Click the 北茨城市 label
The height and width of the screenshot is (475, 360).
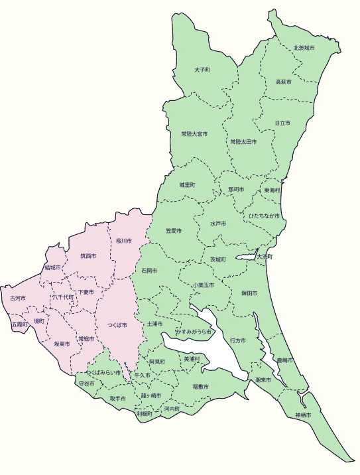click(304, 48)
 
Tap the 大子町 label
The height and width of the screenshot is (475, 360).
click(202, 70)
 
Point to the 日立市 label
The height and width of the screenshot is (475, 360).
click(282, 123)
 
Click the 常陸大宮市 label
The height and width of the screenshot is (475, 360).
click(194, 134)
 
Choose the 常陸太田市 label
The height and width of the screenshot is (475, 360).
click(243, 142)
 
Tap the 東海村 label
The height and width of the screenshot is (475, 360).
click(272, 190)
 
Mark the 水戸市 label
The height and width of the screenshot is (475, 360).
click(218, 224)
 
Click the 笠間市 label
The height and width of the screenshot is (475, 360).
click(174, 232)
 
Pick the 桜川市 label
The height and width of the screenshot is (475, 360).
click(124, 241)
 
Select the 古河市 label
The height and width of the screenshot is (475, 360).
click(17, 299)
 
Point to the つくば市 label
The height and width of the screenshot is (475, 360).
click(117, 326)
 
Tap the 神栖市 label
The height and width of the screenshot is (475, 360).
click(303, 415)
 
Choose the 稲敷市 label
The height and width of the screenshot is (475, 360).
click(200, 386)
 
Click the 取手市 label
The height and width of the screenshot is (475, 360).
click(119, 399)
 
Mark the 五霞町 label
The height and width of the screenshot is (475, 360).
click(20, 325)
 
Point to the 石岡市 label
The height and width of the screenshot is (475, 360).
click(149, 271)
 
